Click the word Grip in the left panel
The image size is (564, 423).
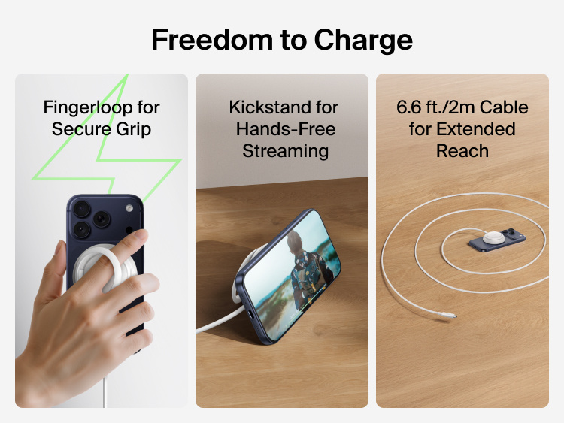[133, 128]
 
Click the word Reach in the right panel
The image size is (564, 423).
[462, 150]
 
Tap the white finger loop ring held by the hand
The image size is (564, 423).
[120, 263]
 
